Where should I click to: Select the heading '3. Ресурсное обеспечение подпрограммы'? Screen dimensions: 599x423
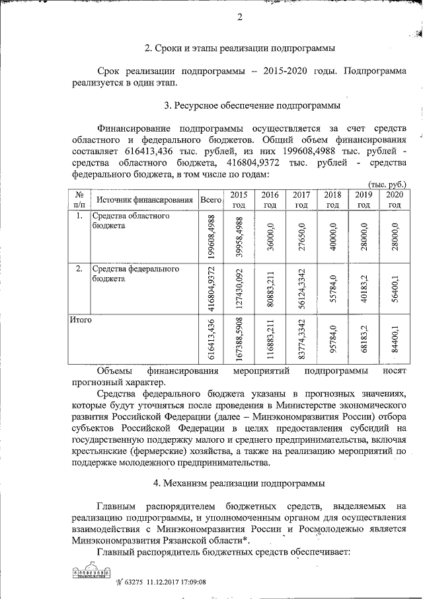pos(252,105)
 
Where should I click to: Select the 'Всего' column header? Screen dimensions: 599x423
pos(210,199)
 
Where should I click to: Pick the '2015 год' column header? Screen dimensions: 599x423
pos(238,199)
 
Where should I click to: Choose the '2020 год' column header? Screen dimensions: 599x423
pos(394,199)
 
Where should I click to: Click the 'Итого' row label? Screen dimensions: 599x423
pos(81,320)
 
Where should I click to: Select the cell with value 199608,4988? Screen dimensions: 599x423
pos(211,235)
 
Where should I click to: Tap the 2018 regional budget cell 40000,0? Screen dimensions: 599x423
pos(333,235)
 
